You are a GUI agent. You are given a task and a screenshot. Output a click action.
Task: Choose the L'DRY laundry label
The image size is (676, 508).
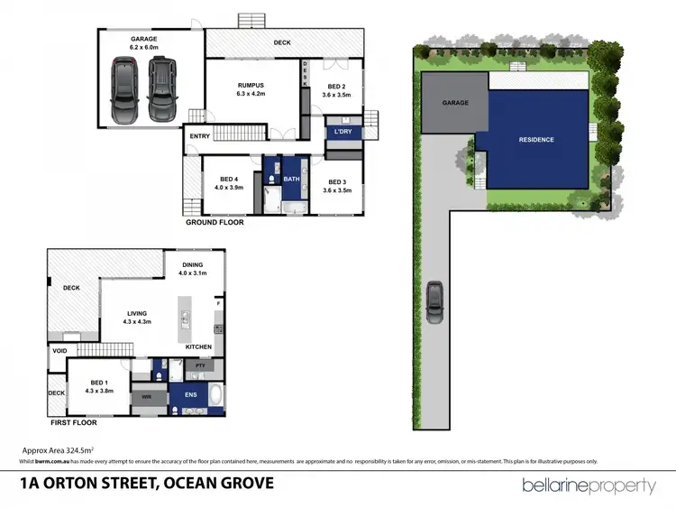point(343,132)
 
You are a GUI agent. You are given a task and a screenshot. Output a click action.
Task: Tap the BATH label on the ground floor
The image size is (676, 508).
point(291,179)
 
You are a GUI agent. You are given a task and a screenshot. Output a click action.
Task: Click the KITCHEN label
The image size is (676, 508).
point(198,346)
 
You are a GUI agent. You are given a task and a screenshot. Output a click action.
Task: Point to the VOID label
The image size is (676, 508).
point(59,352)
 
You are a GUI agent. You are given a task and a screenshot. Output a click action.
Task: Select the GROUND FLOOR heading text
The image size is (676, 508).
point(214,221)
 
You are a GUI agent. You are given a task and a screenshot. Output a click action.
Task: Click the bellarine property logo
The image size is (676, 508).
point(589,486)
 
